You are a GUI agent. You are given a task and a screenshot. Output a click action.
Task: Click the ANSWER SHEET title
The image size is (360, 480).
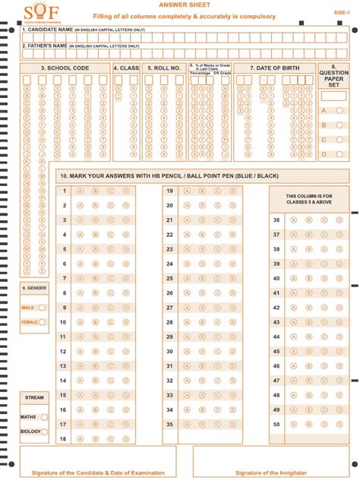click(x=180, y=5)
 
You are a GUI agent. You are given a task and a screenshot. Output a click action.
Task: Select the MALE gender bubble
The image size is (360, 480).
click(x=42, y=307)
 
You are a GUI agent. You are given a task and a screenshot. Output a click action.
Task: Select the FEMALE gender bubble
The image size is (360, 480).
click(x=43, y=322)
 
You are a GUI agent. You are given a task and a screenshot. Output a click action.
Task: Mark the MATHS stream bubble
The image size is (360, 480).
click(x=45, y=417)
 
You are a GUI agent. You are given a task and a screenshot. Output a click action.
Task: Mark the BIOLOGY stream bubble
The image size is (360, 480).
click(x=45, y=431)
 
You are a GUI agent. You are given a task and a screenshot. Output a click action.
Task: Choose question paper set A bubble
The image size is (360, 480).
click(x=339, y=110)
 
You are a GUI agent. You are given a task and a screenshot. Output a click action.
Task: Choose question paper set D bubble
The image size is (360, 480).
click(x=339, y=154)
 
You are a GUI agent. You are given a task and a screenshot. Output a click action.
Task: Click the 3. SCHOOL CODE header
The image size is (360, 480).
click(x=65, y=68)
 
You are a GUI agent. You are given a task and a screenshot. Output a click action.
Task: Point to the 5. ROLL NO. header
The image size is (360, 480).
click(x=164, y=68)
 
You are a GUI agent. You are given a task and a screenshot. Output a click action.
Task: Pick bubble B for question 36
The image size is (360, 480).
click(x=308, y=219)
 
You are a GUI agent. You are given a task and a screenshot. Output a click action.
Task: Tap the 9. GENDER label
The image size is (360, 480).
click(x=33, y=289)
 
